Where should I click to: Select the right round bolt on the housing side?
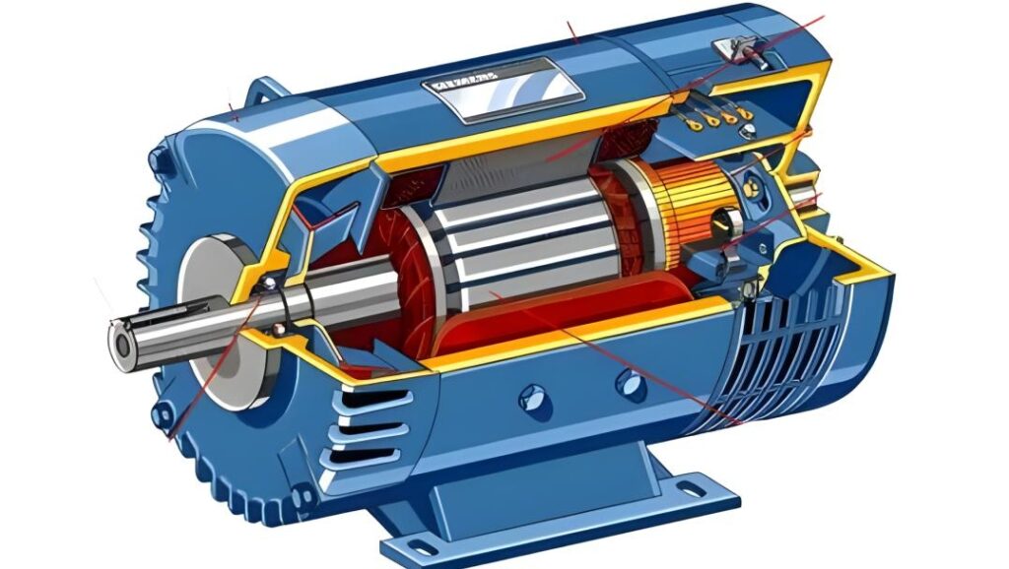point(631,384)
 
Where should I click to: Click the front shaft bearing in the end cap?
point(267,288)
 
